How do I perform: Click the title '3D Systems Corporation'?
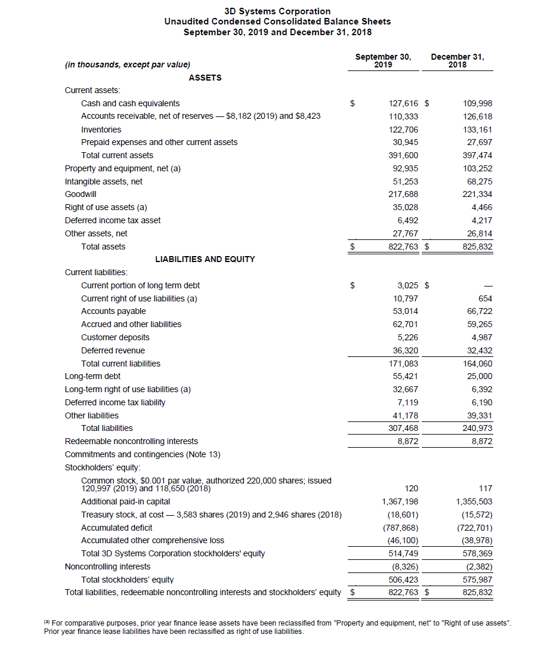coord(277,11)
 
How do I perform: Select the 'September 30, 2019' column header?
coord(383,61)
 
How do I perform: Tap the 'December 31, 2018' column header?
coord(458,61)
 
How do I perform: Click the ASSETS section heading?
coord(205,78)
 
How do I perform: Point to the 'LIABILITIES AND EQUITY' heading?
coord(205,259)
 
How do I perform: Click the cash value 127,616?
coord(403,103)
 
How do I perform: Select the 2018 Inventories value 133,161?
coord(477,130)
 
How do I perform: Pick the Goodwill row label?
coord(81,194)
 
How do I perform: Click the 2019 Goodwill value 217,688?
coord(403,194)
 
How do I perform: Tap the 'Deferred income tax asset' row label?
coord(113,220)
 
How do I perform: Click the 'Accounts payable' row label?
coord(113,311)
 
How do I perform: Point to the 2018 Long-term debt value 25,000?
coord(479,376)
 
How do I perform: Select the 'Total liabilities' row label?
coord(107,428)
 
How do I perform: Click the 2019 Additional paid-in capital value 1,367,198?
coord(400,501)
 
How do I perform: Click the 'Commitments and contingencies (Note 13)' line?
coord(143,454)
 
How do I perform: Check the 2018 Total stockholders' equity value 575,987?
coord(477,579)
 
